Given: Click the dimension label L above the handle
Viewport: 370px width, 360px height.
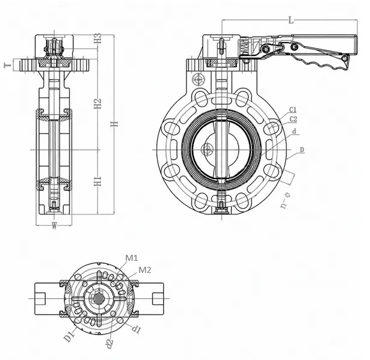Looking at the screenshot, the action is click(x=291, y=20).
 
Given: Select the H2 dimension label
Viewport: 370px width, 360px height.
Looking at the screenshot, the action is click(x=97, y=103).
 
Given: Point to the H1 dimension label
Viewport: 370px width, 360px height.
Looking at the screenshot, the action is click(x=97, y=181).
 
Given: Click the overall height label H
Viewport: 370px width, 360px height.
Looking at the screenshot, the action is click(x=114, y=124).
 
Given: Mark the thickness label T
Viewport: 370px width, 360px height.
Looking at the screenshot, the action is click(x=8, y=65).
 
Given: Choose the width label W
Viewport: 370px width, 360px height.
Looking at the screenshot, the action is click(x=54, y=226).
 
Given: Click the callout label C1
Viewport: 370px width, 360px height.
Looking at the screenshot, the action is click(x=293, y=110).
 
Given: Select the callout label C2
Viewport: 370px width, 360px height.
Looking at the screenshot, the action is click(x=293, y=119).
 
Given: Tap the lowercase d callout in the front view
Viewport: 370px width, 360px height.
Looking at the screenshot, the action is click(x=294, y=132).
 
